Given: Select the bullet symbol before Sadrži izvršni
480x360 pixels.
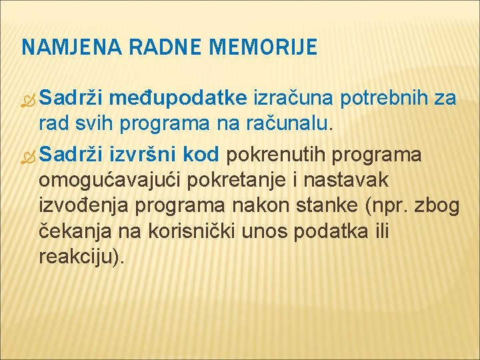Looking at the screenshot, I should pyautogui.click(x=29, y=157).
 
